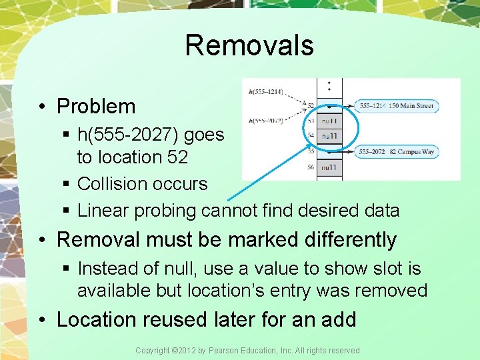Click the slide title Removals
tap(249, 45)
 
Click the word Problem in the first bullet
tap(96, 106)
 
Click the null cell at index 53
tap(330, 121)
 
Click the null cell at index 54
tap(330, 137)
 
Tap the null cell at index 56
tap(330, 167)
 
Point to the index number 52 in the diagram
tap(311, 105)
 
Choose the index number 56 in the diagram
tap(311, 167)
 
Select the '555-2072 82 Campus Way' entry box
tap(397, 152)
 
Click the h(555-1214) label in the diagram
tap(265, 91)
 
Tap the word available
tap(117, 291)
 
